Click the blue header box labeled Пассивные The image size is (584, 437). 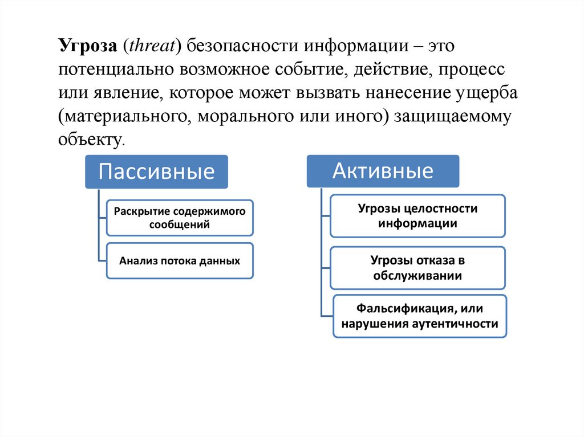pos(156,171)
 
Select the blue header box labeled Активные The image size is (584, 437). pos(383,171)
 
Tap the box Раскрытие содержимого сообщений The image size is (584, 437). pos(180,218)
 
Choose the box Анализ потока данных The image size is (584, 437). pos(180,262)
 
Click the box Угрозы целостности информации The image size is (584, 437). pos(417,216)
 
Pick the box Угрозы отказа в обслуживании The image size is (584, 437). pos(417,268)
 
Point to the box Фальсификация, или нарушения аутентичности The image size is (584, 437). pos(420,316)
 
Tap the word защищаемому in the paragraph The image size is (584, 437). pos(453,116)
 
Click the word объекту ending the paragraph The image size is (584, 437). pos(89,140)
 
